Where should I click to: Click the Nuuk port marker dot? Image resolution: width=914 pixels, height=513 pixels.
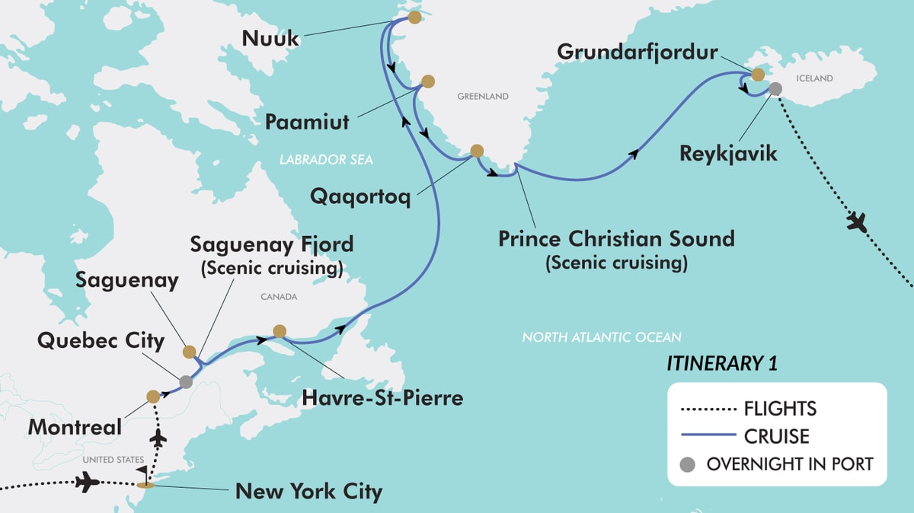pos(414,17)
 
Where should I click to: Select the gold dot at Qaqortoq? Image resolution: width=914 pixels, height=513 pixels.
pos(477,151)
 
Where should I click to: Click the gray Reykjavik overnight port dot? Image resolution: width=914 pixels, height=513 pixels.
pos(775,89)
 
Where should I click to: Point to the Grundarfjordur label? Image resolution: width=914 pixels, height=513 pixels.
pos(637,53)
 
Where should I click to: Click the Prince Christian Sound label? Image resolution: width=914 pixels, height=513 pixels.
pos(616,238)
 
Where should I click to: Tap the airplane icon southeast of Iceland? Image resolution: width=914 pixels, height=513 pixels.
pos(859,224)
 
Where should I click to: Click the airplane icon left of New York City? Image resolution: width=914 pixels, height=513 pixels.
pos(88,483)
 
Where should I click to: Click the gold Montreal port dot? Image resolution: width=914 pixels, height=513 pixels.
pos(153,396)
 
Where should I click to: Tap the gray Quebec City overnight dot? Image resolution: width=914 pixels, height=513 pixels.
pos(186,381)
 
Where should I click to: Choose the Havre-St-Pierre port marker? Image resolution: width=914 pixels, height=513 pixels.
pos(280,331)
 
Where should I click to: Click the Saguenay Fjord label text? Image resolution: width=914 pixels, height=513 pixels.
pos(272,244)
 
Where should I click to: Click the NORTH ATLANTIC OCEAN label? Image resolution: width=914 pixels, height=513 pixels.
pos(602,336)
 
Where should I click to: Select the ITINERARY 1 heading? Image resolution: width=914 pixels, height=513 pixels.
pos(722,363)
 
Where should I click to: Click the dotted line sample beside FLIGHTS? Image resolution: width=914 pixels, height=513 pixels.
pos(706,409)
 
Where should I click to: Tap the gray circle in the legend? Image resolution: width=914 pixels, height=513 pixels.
pos(689,464)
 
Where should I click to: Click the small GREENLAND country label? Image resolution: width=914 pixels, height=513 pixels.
pos(482,97)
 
